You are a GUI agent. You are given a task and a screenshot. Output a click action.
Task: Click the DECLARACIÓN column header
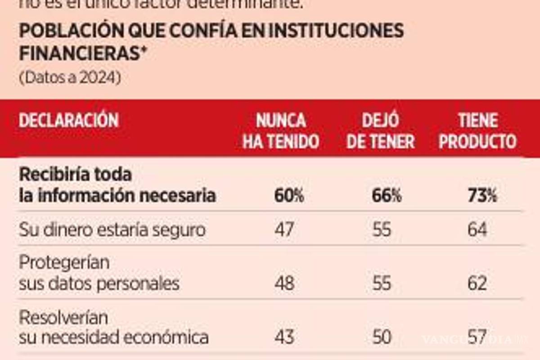click(x=68, y=121)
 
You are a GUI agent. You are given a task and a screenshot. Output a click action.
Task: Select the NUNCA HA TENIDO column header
click(x=281, y=131)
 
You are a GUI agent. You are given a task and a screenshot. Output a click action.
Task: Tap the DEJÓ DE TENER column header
click(x=381, y=131)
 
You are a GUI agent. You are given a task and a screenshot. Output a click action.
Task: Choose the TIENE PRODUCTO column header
click(x=478, y=131)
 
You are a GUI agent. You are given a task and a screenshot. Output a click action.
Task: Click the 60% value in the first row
click(x=289, y=197)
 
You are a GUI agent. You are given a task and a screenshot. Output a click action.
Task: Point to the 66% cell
click(x=387, y=197)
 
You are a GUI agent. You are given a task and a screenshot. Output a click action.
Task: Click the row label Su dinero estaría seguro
click(x=112, y=230)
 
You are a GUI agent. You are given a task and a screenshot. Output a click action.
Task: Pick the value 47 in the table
click(x=284, y=230)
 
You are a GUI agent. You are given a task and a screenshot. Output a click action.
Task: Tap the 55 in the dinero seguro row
click(x=382, y=230)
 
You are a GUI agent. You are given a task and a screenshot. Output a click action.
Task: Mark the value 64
click(x=477, y=230)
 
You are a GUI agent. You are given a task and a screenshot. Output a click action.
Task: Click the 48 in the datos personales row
click(x=284, y=283)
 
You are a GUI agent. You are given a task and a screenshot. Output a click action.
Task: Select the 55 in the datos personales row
click(x=382, y=283)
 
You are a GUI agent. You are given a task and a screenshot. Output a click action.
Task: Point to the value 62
click(x=477, y=283)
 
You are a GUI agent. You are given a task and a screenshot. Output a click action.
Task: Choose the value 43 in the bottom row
click(x=284, y=337)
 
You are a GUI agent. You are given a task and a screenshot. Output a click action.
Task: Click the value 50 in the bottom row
click(x=382, y=337)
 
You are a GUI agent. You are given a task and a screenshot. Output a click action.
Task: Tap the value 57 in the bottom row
click(x=477, y=337)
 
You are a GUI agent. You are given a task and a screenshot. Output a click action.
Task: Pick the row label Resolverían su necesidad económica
click(x=113, y=328)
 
